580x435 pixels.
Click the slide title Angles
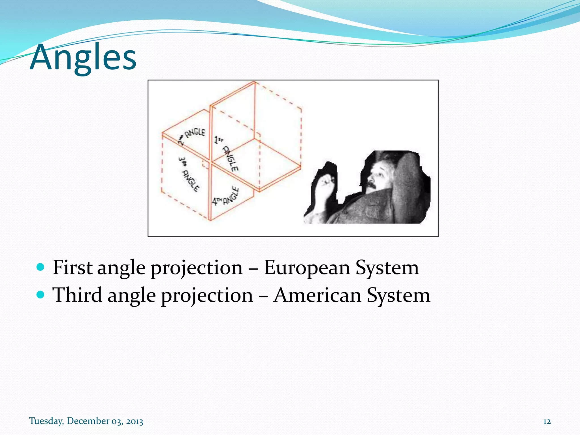(83, 58)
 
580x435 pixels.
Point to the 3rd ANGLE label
(188, 174)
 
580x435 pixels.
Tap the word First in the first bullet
(72, 267)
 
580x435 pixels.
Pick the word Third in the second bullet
(77, 295)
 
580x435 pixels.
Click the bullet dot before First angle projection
(41, 267)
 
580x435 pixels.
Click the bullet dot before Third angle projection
(41, 295)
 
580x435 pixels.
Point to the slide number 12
(547, 421)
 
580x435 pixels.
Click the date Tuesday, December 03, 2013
(86, 421)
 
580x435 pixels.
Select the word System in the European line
(387, 267)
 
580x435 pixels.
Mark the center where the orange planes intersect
(210, 162)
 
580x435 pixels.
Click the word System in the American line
(398, 295)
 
